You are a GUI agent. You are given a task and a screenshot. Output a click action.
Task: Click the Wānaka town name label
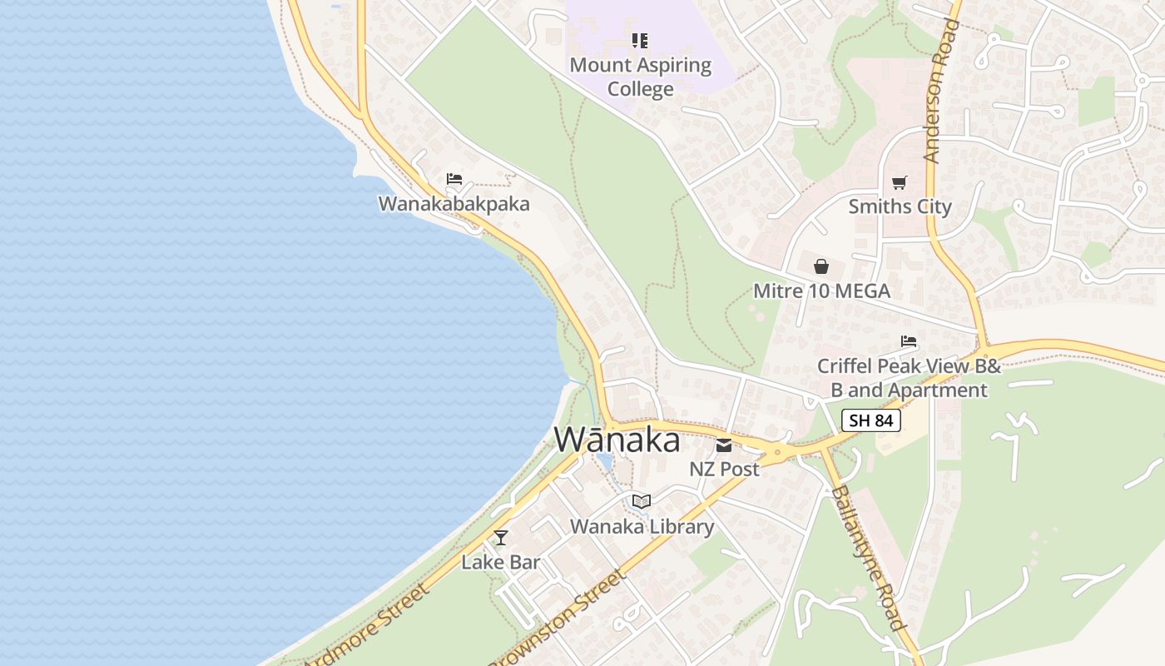click(617, 440)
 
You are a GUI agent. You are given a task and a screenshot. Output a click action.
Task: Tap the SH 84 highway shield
click(871, 420)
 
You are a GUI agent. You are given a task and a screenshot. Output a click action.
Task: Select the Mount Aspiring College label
click(641, 77)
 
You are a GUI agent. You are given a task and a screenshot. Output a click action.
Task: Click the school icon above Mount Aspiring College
click(639, 40)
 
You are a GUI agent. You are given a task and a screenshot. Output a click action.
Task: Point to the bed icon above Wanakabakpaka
click(454, 179)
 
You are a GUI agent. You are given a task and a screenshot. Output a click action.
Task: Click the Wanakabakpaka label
click(454, 204)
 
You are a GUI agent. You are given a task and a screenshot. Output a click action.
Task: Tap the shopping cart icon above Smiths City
click(899, 182)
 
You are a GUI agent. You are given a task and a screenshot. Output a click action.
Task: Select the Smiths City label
click(900, 206)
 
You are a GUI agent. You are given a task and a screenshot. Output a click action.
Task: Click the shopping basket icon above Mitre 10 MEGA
click(821, 266)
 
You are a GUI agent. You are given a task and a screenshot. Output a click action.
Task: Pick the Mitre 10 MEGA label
click(821, 291)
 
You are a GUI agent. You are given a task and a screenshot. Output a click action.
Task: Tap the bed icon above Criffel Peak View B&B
click(909, 341)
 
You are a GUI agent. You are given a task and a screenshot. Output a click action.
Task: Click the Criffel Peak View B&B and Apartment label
click(909, 378)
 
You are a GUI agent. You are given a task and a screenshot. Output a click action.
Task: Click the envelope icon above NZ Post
click(724, 445)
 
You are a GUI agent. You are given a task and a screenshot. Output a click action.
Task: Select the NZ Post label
click(724, 470)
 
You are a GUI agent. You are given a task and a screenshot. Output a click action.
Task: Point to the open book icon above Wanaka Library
click(641, 501)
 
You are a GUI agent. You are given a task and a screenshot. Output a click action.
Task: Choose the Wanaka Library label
click(642, 526)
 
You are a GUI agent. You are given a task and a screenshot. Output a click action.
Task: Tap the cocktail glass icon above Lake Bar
click(501, 538)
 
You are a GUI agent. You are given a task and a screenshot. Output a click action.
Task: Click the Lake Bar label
click(501, 562)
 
